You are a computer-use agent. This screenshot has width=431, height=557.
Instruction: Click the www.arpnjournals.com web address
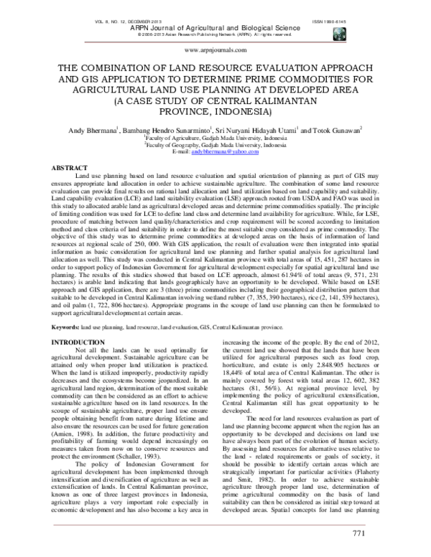(x=215, y=52)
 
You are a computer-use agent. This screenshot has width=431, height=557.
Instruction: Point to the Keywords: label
(x=65, y=327)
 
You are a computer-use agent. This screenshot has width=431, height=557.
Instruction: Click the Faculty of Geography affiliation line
(x=215, y=146)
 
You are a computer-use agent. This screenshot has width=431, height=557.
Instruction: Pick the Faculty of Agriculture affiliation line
(x=215, y=139)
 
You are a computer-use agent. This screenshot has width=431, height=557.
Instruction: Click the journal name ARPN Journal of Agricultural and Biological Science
(x=215, y=28)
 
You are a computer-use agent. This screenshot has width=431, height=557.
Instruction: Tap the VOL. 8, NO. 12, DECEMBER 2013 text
(x=128, y=22)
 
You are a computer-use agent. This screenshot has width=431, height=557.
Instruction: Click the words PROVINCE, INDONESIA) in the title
(x=215, y=113)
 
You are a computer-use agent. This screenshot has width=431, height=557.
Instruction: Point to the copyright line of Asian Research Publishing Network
(x=215, y=34)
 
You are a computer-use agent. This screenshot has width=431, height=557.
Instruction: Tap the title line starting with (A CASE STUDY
(x=215, y=101)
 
